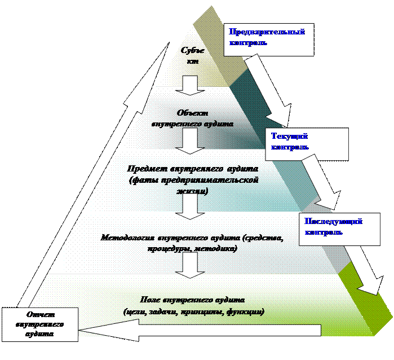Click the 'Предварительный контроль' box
pyautogui.click(x=268, y=39)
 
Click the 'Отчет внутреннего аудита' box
pyautogui.click(x=39, y=324)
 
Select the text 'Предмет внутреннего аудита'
pyautogui.click(x=193, y=169)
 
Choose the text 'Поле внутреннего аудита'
pyautogui.click(x=193, y=299)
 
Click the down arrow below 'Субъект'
pyautogui.click(x=191, y=86)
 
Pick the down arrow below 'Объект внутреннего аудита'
pyautogui.click(x=191, y=141)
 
